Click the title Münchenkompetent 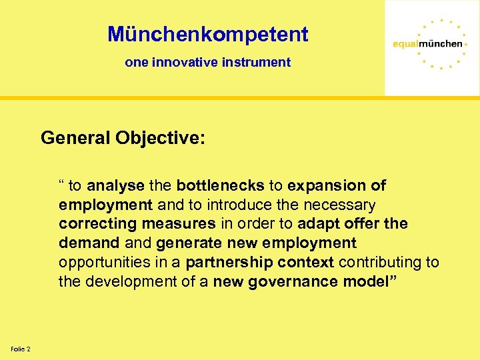click(207, 34)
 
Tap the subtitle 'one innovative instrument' click(207, 62)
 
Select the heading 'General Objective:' click(123, 138)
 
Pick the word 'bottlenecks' click(221, 185)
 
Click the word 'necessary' click(341, 205)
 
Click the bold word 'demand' click(89, 243)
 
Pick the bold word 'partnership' click(229, 263)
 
